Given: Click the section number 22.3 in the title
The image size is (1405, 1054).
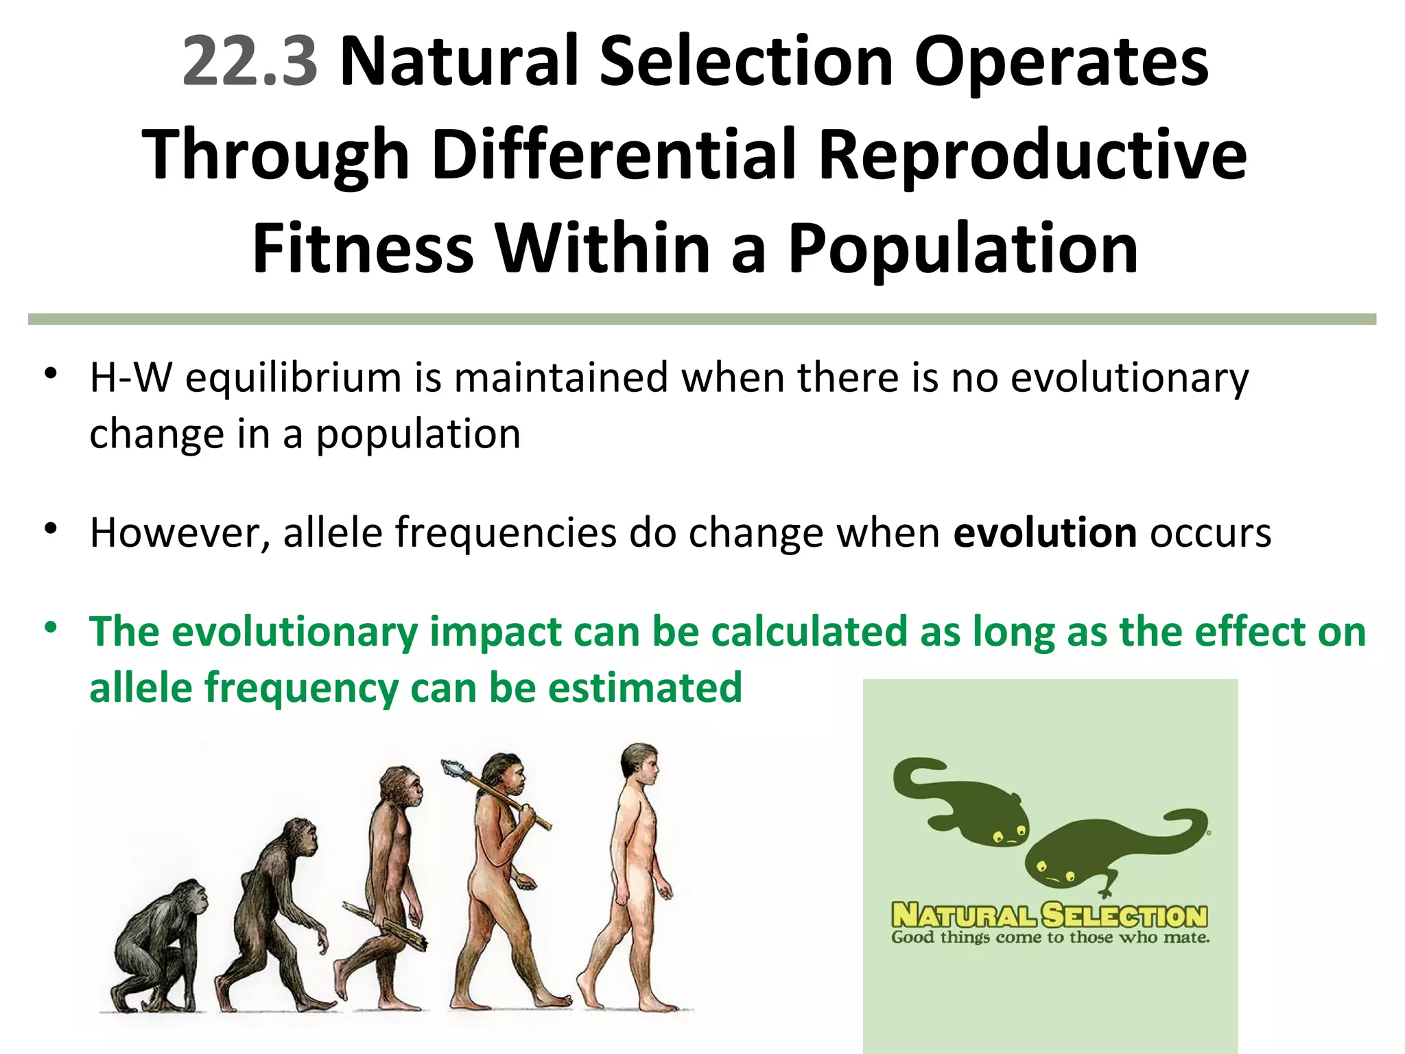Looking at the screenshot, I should [x=250, y=62].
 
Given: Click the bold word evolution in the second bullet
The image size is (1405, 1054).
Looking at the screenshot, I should [x=1045, y=532].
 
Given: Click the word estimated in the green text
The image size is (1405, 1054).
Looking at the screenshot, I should [x=645, y=688].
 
